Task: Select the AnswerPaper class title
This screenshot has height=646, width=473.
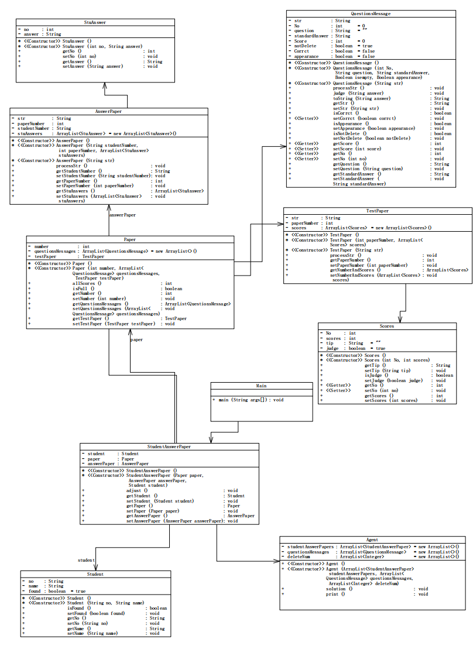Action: [108, 111]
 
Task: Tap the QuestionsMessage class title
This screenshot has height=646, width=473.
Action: [371, 13]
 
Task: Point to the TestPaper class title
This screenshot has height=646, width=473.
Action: [378, 211]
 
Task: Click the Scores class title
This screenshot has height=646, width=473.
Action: [386, 326]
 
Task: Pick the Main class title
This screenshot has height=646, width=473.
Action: [261, 386]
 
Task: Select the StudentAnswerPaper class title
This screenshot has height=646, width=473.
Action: [169, 446]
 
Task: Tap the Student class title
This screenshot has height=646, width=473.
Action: [95, 574]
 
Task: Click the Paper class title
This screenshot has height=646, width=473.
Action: [130, 239]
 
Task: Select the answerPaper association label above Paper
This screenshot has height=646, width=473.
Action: [122, 215]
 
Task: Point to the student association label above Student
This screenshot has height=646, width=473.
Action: [86, 560]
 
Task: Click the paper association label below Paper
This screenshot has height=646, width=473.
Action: [136, 339]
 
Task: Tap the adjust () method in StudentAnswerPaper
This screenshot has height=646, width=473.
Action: [137, 490]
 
